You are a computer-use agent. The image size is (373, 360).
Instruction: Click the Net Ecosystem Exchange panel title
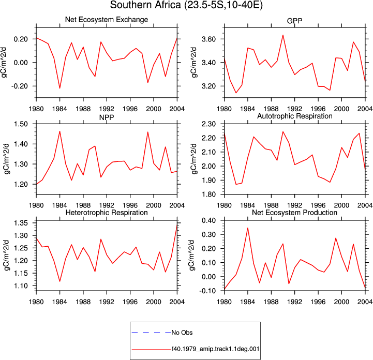[107, 20]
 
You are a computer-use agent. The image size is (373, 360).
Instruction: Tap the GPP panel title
[294, 21]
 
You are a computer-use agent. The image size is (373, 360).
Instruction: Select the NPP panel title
[107, 117]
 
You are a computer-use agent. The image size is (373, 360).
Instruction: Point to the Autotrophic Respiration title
[295, 116]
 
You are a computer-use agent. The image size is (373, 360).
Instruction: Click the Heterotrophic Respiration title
[107, 213]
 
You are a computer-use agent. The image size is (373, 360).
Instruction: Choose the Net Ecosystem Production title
[294, 213]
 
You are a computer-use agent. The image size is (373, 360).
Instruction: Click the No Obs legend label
[182, 333]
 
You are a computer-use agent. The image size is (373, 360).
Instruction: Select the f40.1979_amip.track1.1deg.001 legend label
[215, 349]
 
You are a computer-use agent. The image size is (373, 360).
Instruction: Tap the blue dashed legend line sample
[151, 333]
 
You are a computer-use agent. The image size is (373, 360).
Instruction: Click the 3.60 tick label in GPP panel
[208, 39]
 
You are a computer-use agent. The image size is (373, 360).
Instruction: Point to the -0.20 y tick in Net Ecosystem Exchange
[20, 86]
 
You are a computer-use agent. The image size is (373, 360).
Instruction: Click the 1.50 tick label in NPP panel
[21, 124]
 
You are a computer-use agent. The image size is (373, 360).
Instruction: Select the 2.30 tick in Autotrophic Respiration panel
[208, 124]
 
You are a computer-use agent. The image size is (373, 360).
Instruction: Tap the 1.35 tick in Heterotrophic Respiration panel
[21, 223]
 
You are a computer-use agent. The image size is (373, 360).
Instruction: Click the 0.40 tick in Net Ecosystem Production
[208, 220]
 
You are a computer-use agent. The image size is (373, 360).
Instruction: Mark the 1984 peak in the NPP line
[59, 131]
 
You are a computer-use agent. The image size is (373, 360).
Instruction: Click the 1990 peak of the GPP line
[283, 35]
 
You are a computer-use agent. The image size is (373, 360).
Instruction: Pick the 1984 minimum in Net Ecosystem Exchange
[59, 88]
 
